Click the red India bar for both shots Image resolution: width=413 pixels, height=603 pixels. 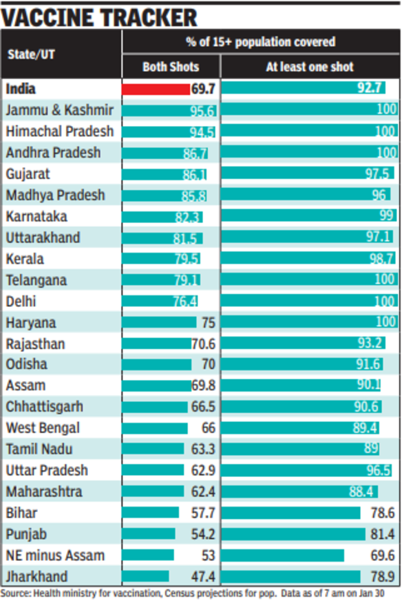click(x=156, y=88)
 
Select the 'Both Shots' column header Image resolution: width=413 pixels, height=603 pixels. click(x=171, y=67)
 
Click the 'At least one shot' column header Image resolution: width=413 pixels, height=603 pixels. click(x=310, y=67)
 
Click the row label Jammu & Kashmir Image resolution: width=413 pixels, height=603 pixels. click(x=59, y=110)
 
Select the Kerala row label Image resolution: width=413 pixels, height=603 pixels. click(x=25, y=259)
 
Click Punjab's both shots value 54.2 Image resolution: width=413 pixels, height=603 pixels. click(x=202, y=534)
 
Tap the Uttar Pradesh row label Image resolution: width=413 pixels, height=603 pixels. click(x=47, y=471)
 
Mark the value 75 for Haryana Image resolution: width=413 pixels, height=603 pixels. click(x=207, y=322)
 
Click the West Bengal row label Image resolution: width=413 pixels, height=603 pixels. click(x=43, y=428)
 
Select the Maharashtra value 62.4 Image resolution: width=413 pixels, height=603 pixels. click(x=202, y=492)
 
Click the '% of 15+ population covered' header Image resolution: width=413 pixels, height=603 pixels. click(x=260, y=42)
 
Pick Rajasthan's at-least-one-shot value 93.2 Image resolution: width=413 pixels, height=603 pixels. click(x=370, y=343)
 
